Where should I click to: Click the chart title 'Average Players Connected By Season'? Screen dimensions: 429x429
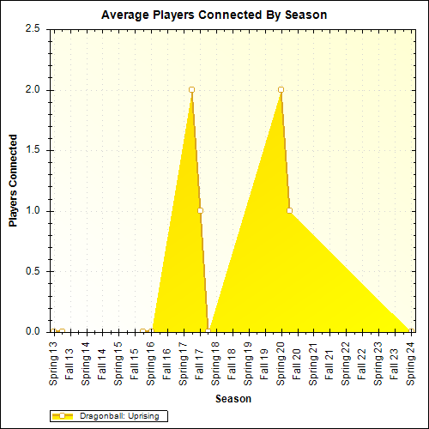pos(214,15)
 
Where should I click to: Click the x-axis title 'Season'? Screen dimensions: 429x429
pos(233,399)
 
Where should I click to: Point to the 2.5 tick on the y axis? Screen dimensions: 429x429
pos(33,29)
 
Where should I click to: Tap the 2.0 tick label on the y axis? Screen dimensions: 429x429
pos(33,90)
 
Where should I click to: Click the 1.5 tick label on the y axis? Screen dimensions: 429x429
pos(33,150)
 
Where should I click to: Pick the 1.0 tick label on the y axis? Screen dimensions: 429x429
pos(33,211)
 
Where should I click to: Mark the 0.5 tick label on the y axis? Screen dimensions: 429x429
pos(33,271)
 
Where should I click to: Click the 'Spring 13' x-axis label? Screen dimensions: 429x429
pos(54,360)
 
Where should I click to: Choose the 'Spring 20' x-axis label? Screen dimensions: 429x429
pos(281,360)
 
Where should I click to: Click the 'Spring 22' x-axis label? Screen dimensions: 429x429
pos(346,360)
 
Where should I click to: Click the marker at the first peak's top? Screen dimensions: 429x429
pos(191,89)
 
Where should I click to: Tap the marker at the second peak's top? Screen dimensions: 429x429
pos(281,89)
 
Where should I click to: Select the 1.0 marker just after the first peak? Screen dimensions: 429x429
pos(200,210)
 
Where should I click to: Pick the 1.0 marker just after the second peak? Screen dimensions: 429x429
pos(289,210)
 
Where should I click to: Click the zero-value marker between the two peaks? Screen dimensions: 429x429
pos(208,331)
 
